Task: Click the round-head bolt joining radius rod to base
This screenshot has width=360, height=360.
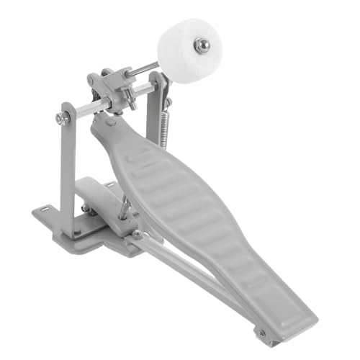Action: click(137, 234)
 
